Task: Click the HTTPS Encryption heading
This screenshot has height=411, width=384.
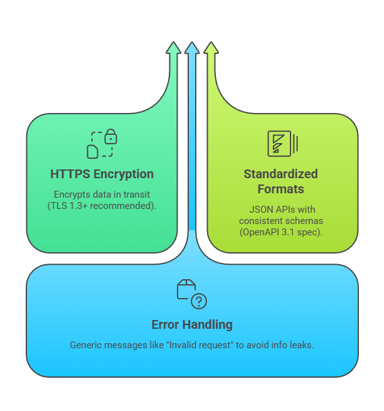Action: click(x=102, y=174)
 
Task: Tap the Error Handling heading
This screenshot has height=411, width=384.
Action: click(x=192, y=324)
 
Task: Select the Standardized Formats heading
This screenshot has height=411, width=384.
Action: click(x=281, y=181)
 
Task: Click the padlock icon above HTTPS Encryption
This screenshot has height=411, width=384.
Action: click(x=110, y=136)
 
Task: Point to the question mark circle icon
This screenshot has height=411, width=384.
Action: click(x=198, y=302)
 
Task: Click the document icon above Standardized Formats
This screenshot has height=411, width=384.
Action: click(x=280, y=144)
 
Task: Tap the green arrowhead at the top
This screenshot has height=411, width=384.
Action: click(x=173, y=48)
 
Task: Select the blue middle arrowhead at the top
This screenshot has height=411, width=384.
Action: click(x=192, y=48)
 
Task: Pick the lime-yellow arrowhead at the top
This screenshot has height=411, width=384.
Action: click(x=211, y=48)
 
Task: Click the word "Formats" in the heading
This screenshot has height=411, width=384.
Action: click(x=281, y=189)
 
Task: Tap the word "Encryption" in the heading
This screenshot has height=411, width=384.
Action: click(x=123, y=174)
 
